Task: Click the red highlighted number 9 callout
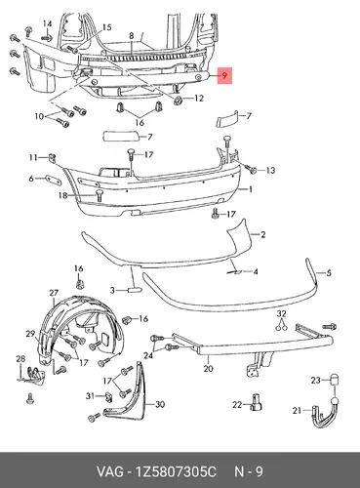coord(224,75)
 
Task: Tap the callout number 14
coord(47,24)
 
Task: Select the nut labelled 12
coord(178,101)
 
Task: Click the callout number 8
coord(132,36)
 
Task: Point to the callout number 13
coord(270,170)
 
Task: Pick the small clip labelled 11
coord(52,158)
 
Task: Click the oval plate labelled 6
coord(54,180)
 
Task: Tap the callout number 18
coord(62,195)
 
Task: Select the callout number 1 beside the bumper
coord(251,189)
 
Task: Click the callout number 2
coord(262,234)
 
